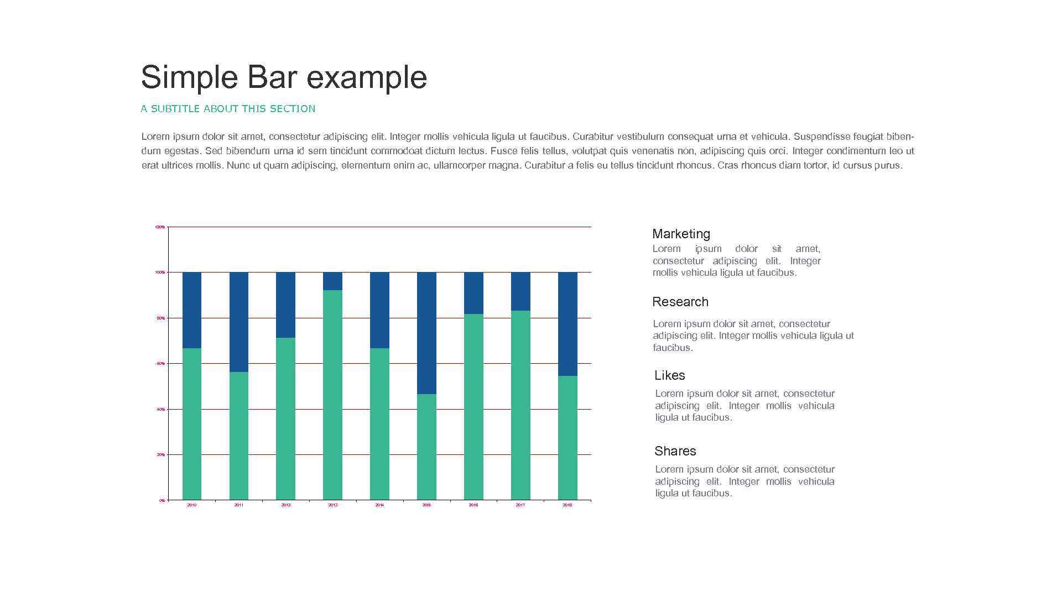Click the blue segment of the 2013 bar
click(332, 281)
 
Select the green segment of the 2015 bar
click(426, 447)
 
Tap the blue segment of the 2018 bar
click(568, 323)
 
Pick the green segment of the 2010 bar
click(192, 423)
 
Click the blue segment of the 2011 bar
click(239, 322)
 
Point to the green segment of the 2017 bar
click(520, 405)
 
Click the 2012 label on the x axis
click(285, 505)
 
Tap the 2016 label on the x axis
click(473, 505)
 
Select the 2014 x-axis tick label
click(379, 505)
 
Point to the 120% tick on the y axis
click(160, 227)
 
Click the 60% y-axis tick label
click(160, 364)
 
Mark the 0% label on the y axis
click(162, 500)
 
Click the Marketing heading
click(681, 234)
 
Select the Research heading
click(680, 302)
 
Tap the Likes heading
click(669, 375)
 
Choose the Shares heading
click(675, 451)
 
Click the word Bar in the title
click(272, 77)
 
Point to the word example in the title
click(367, 78)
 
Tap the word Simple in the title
click(189, 78)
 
